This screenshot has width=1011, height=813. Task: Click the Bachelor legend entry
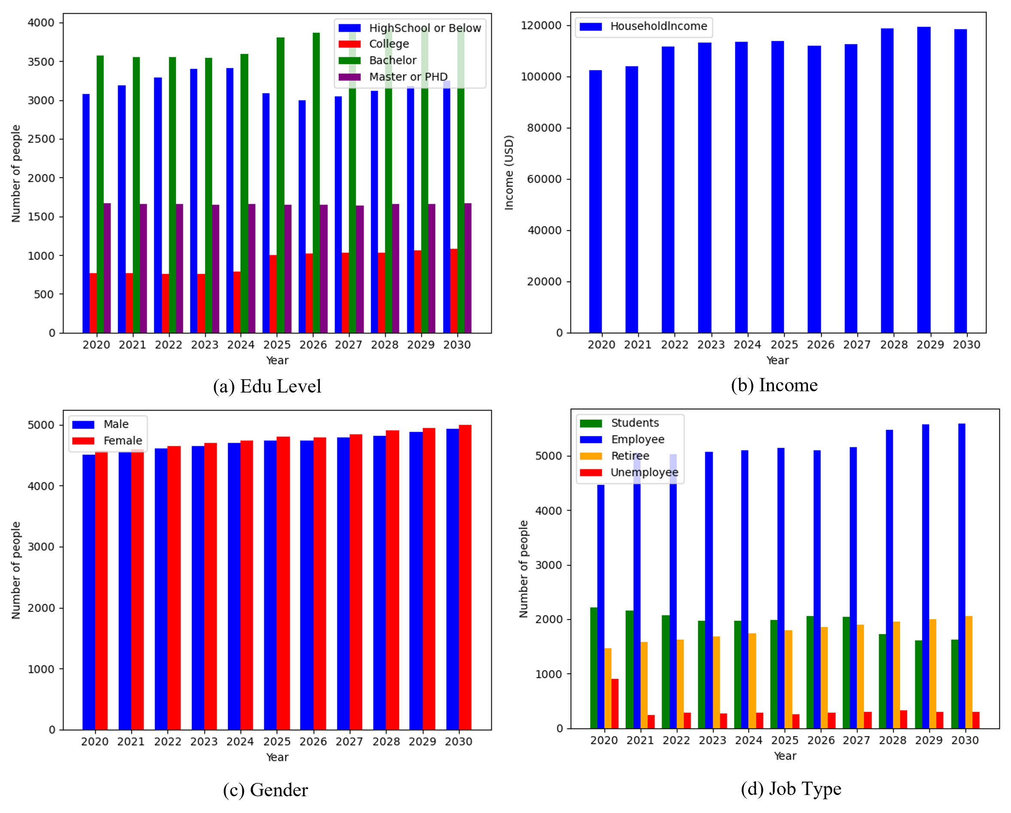(x=393, y=61)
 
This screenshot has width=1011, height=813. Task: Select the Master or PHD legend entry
(x=408, y=77)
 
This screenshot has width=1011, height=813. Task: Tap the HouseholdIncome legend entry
(x=658, y=26)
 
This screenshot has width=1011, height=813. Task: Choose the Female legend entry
(x=122, y=441)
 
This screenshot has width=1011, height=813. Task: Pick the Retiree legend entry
(x=630, y=456)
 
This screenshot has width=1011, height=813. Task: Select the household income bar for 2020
(x=595, y=201)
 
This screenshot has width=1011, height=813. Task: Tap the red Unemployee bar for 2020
(x=615, y=703)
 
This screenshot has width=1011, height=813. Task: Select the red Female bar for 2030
(x=465, y=577)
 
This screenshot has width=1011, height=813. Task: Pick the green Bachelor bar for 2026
(x=317, y=183)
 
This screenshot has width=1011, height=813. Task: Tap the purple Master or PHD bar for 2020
(x=107, y=268)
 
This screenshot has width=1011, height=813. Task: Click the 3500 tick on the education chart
(x=41, y=62)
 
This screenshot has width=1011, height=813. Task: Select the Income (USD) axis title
(x=509, y=173)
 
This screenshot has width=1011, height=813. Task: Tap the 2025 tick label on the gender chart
(x=277, y=741)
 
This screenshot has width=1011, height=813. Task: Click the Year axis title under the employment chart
(x=785, y=756)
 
